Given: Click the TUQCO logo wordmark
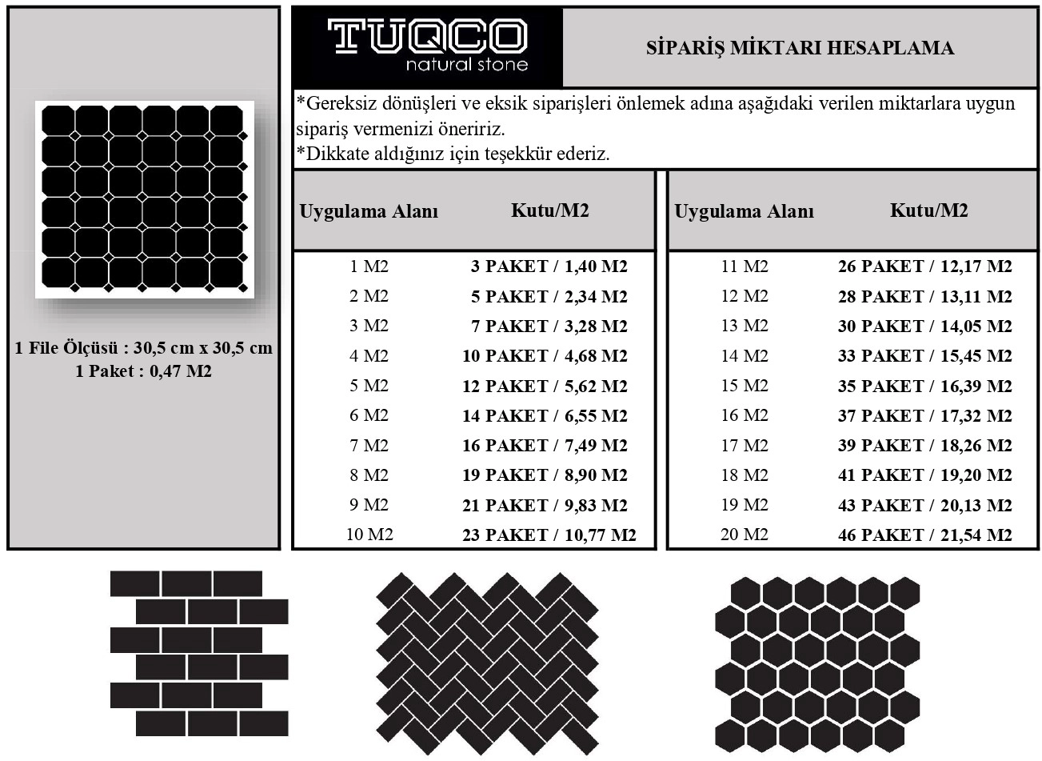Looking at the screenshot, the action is point(428,36).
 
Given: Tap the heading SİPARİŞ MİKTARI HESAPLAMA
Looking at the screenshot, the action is point(800,48).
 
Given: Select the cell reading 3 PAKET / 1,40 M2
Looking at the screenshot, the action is point(549,266).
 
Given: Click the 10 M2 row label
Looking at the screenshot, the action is point(369,535).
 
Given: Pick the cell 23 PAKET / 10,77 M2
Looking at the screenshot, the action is point(549,535).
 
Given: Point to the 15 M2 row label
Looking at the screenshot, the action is point(745,386).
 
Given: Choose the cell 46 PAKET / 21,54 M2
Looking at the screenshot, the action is point(924,535).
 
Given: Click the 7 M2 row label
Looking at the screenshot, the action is point(369,446).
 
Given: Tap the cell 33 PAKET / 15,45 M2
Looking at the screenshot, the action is point(924,356).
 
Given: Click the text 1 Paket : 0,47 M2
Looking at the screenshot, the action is point(143,371).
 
